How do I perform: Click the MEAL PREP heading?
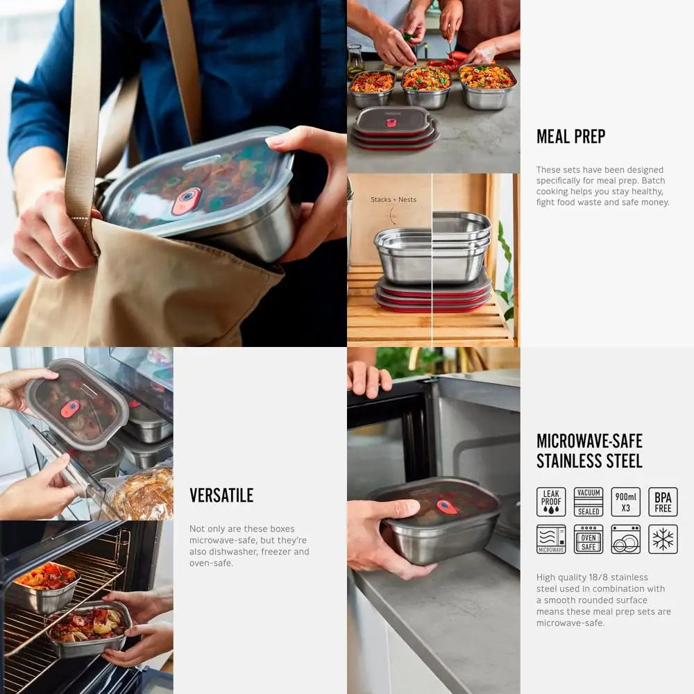coord(570,137)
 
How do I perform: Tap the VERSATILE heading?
coord(221,496)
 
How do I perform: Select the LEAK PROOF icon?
coord(551,502)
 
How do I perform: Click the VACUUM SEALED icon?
coord(589,502)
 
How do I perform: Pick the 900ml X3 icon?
coord(625,502)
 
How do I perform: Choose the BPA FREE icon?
coord(663,502)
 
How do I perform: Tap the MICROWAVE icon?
coord(551,539)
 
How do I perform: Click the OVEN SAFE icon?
coord(589,539)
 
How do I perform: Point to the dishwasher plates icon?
coord(625,539)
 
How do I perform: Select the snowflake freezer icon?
coord(663,539)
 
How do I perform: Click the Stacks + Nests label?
coord(393,200)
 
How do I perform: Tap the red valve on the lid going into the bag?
coord(186,200)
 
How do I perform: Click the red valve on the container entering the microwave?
coord(447,507)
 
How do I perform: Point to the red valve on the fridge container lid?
coord(69,409)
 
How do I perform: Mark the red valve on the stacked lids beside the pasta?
coord(391,123)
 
